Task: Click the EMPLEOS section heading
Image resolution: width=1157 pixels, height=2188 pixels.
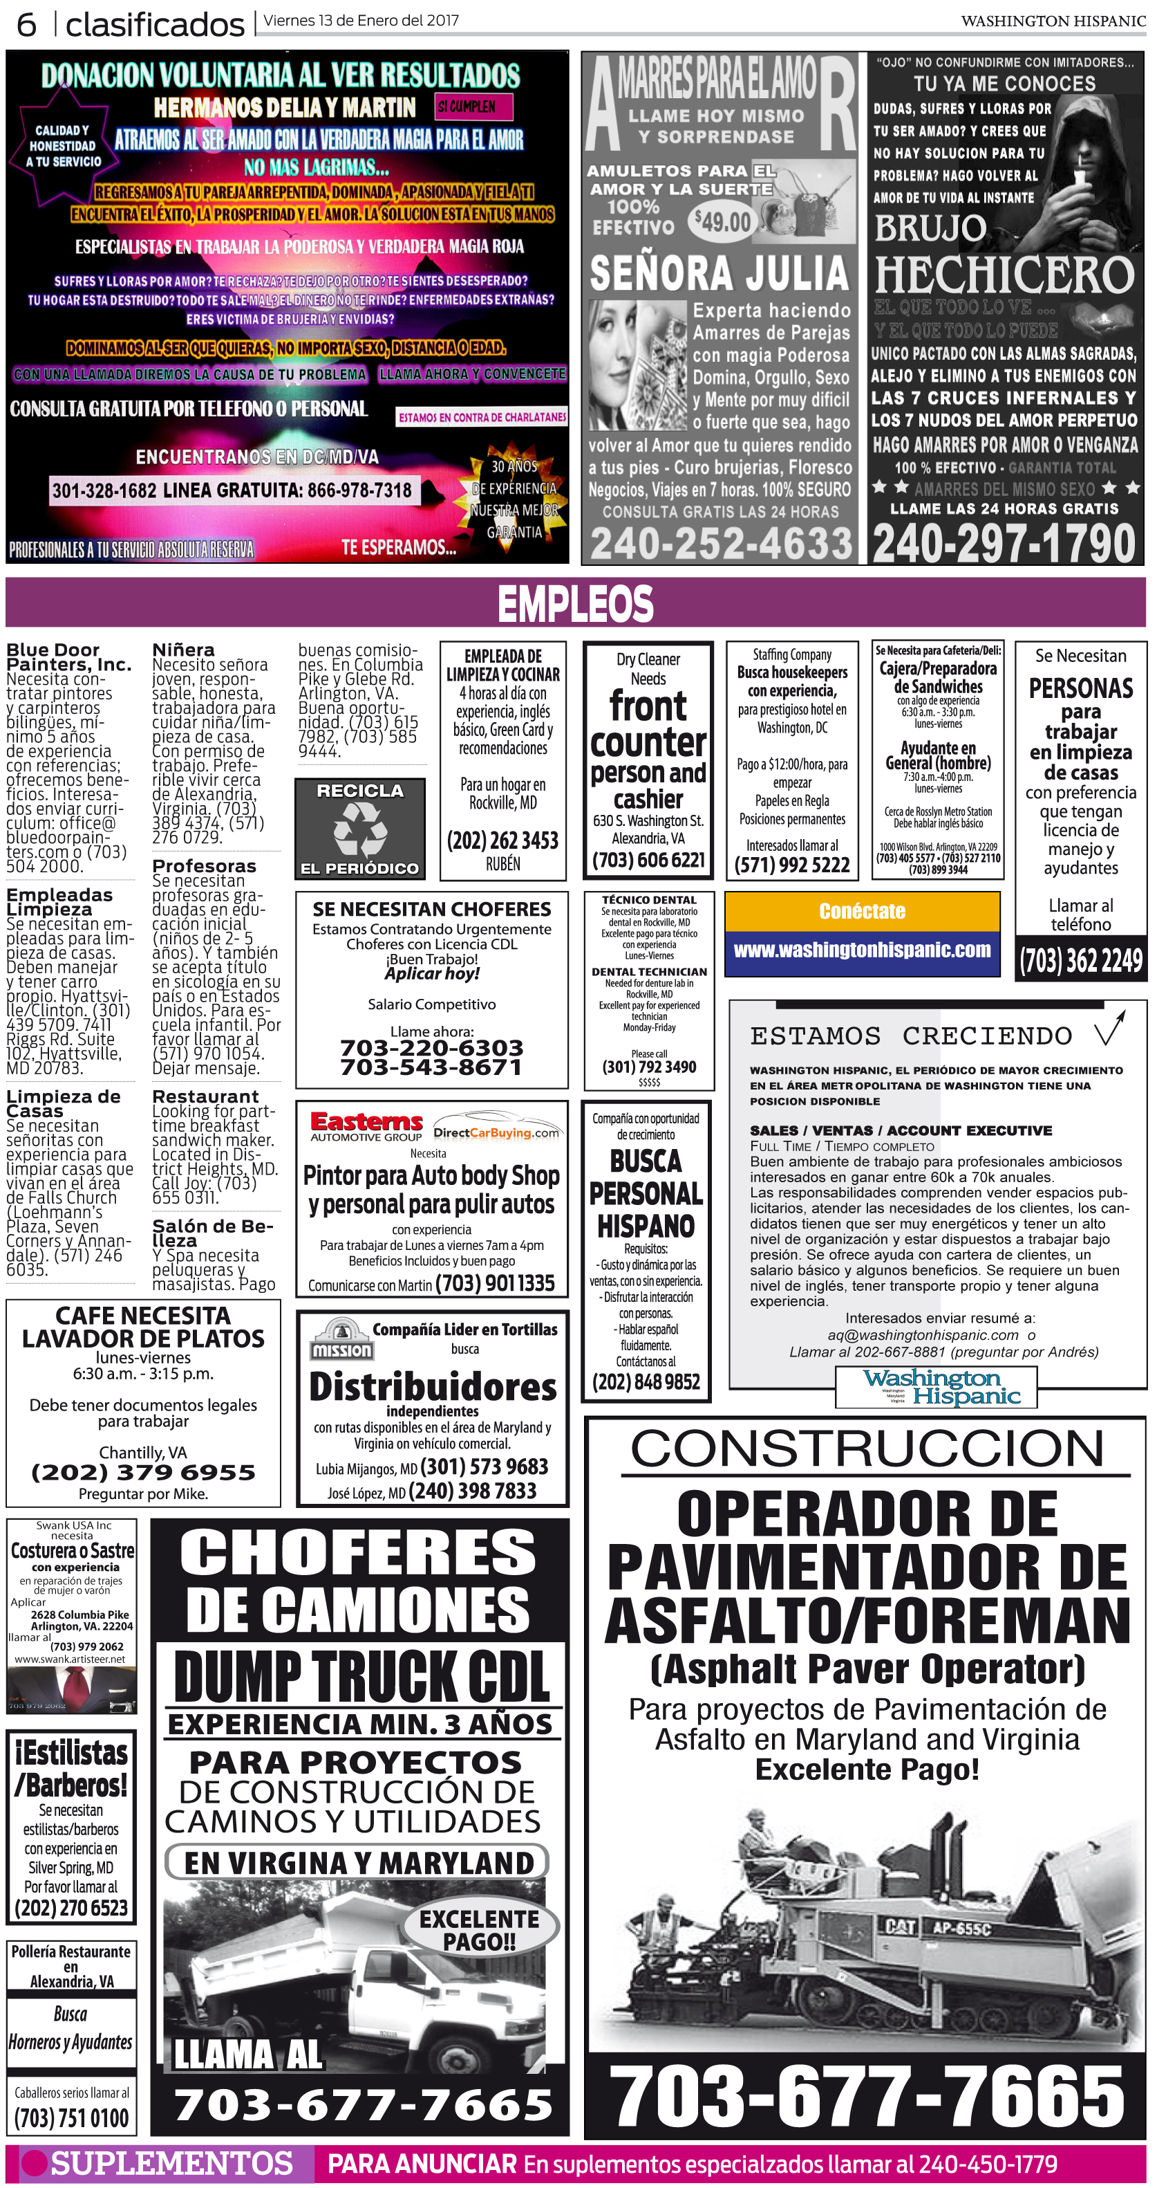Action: click(x=576, y=603)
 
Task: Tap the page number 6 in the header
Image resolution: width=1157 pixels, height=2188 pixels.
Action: click(x=26, y=25)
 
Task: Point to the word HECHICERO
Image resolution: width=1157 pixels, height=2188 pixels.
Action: click(x=1004, y=275)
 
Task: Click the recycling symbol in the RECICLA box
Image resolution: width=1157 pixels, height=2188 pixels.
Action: click(x=360, y=828)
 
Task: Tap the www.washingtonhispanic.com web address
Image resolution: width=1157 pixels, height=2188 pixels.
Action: click(x=862, y=950)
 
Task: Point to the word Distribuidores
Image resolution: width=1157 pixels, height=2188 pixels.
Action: click(x=432, y=1386)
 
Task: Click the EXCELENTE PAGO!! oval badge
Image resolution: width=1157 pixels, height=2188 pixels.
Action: click(x=479, y=1930)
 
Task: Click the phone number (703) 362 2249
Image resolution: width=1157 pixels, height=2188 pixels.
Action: click(x=1080, y=961)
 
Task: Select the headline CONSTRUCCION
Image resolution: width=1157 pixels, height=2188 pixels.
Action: click(x=867, y=1449)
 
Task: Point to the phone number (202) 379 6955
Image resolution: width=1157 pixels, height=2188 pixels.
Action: click(x=142, y=1473)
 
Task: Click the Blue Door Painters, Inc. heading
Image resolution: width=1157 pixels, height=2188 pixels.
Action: click(x=68, y=656)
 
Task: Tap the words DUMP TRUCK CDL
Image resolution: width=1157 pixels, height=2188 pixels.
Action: click(x=362, y=1677)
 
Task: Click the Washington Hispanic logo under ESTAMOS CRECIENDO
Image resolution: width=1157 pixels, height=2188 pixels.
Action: click(x=937, y=1387)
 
